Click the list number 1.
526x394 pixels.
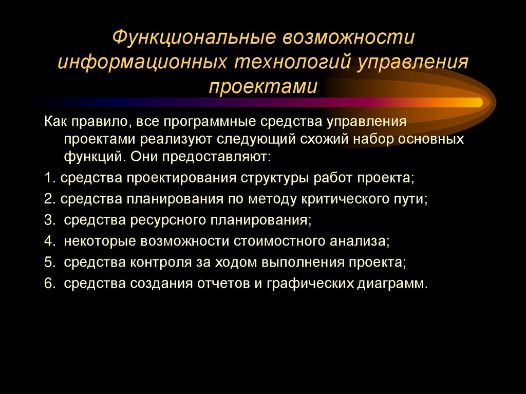(x=48, y=178)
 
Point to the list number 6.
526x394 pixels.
(x=48, y=283)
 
